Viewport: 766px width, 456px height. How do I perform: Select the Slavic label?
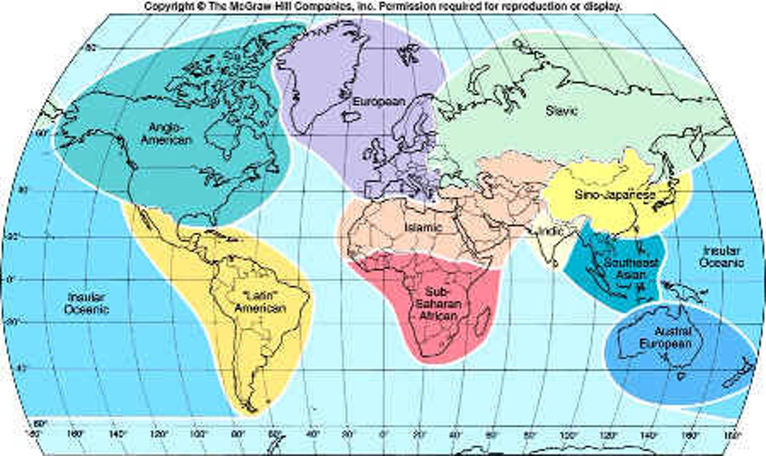pos(561,111)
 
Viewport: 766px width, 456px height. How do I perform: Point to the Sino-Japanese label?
pos(615,195)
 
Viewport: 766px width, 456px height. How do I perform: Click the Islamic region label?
pos(423,227)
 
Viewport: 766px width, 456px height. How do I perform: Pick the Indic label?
pos(551,232)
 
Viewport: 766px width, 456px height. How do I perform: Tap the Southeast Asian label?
pos(631,269)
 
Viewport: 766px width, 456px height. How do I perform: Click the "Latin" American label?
pos(260,302)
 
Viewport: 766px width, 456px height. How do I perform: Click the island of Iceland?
pos(351,115)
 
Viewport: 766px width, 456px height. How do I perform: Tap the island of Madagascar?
pos(484,321)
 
